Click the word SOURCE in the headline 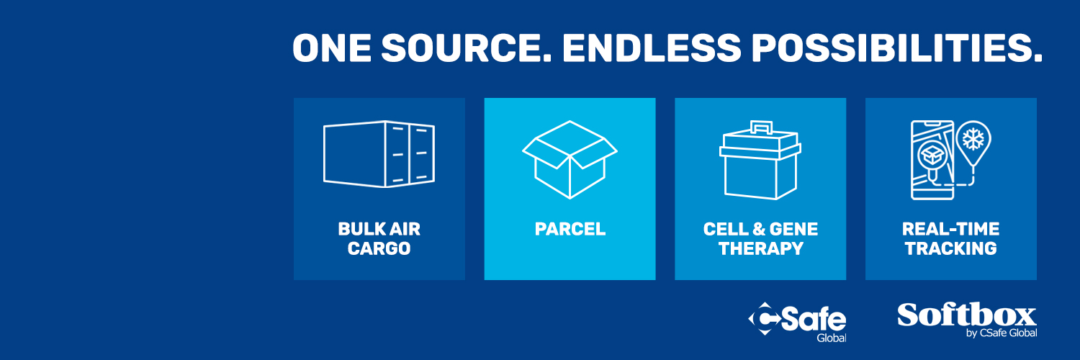coord(466,48)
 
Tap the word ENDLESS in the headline coord(652,48)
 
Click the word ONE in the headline coord(332,48)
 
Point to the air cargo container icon coord(379,154)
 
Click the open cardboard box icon coord(570,160)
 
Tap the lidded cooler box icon coord(760,160)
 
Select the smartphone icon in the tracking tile coord(932,160)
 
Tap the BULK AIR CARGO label coord(379,238)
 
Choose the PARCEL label coord(570,229)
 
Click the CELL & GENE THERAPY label coord(760,238)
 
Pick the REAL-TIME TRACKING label coord(951,238)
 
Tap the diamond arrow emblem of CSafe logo coord(765,318)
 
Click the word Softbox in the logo coord(966,315)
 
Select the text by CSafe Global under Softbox coord(1002,333)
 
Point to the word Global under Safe coord(831,338)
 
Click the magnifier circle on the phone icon coord(932,156)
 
